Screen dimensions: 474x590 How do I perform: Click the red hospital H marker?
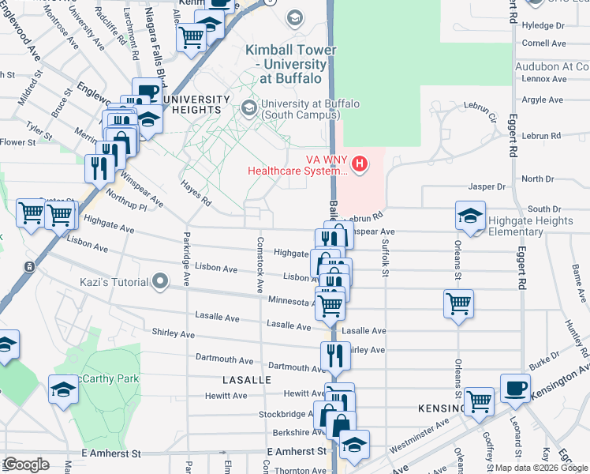pyautogui.click(x=360, y=164)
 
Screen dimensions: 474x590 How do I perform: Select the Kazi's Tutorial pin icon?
pyautogui.click(x=161, y=280)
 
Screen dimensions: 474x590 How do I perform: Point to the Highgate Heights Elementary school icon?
pyautogui.click(x=469, y=216)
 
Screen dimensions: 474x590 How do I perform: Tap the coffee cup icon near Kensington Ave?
pyautogui.click(x=515, y=387)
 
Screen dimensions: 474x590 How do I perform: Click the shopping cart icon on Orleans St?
pyautogui.click(x=458, y=303)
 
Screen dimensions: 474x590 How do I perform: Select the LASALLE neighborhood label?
pyautogui.click(x=246, y=380)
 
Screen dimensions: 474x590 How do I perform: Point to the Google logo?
pyautogui.click(x=25, y=465)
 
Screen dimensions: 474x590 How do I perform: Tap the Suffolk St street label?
pyautogui.click(x=386, y=259)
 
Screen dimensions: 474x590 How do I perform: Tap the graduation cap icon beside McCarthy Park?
pyautogui.click(x=61, y=389)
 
